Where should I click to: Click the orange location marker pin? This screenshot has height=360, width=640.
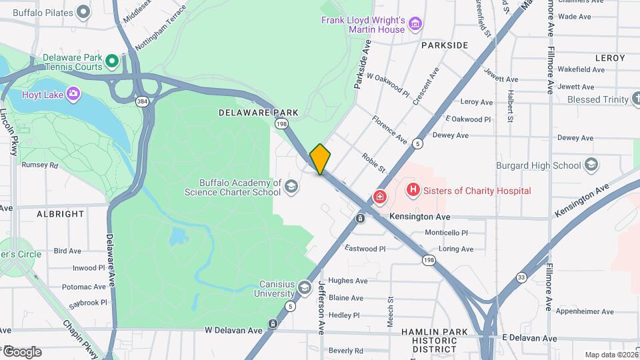coord(320,159)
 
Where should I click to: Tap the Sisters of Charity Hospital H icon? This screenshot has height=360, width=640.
coord(413,191)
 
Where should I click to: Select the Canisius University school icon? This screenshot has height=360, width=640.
coord(305,288)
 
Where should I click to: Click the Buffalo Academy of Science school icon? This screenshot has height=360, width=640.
coord(291,187)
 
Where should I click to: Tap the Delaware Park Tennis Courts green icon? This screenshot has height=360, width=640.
coord(113,62)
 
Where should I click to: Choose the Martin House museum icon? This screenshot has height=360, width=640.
coord(415,25)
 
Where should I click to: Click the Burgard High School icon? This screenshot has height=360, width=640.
coord(591,165)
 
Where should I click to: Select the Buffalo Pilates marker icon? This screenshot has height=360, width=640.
coord(83,11)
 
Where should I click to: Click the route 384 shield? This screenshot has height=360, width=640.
coord(141,101)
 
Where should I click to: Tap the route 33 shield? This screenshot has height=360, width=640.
coord(521,277)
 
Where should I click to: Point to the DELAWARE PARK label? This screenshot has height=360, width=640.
coord(258,113)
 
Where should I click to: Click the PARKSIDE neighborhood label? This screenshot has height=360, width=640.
coord(445,45)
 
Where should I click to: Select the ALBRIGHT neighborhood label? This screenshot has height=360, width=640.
coord(61,214)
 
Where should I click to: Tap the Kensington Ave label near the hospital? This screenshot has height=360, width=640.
coord(419,217)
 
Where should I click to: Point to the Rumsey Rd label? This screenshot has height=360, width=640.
coord(40,165)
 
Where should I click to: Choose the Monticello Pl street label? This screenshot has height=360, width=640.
coord(447,233)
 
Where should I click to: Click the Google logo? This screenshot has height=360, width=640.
coord(21,351)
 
